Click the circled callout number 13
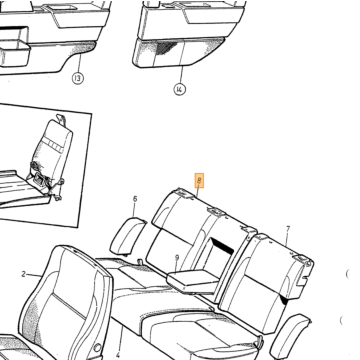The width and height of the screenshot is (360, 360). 78,78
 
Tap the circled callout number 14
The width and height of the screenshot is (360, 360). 179,89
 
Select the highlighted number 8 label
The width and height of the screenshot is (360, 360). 199,181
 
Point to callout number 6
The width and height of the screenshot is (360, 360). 135,199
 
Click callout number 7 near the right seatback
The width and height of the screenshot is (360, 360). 288,229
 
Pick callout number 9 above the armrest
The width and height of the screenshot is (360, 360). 177,258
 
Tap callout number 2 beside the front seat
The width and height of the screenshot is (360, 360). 24,274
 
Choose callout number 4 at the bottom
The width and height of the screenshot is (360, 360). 117,356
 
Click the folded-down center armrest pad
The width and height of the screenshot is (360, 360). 193,281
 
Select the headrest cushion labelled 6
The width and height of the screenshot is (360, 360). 128,236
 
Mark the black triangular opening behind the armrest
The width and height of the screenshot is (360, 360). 222,245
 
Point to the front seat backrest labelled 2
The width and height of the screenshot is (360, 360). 67,300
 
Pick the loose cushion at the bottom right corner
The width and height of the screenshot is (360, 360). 289,336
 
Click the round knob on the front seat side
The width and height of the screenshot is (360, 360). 98,348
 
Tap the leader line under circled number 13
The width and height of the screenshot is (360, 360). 79,63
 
